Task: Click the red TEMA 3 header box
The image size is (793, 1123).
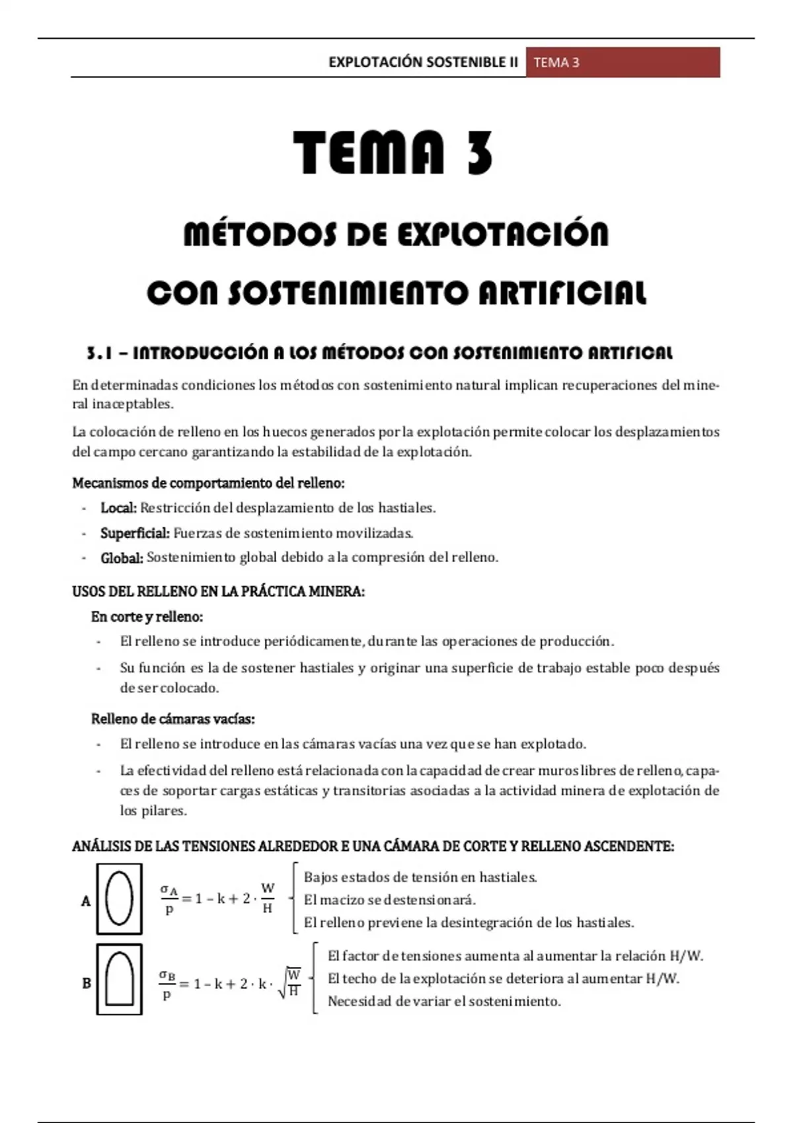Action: tap(623, 63)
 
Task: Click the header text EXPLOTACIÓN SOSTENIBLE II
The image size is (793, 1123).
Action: tap(423, 63)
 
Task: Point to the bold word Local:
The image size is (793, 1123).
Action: tap(118, 508)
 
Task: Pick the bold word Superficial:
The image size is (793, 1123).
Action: tap(135, 533)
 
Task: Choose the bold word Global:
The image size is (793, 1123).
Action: tap(122, 558)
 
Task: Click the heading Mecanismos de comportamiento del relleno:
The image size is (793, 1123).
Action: tap(208, 483)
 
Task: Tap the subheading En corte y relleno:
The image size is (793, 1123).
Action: tap(147, 616)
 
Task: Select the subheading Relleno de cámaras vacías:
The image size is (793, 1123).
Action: tap(172, 719)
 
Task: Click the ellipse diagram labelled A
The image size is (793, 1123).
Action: tap(120, 898)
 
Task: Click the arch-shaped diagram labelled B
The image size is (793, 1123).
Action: tap(120, 979)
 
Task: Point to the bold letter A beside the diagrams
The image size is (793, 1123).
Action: tap(86, 901)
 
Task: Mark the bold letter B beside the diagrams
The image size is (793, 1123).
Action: tap(87, 984)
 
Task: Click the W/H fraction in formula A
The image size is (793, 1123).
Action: tap(268, 898)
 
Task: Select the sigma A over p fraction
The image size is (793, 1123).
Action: tap(169, 900)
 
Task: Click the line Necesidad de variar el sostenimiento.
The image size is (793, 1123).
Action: tap(444, 1001)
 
